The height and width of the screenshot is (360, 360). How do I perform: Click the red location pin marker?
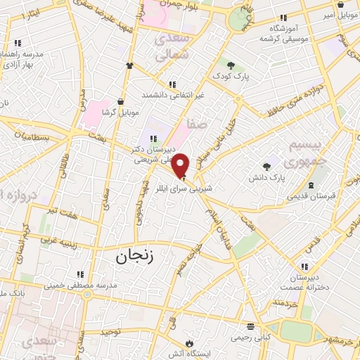181,165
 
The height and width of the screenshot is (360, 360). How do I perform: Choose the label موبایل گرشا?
121,112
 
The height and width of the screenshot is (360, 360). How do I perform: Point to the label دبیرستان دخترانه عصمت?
305,283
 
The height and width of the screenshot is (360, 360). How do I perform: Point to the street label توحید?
110,330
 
